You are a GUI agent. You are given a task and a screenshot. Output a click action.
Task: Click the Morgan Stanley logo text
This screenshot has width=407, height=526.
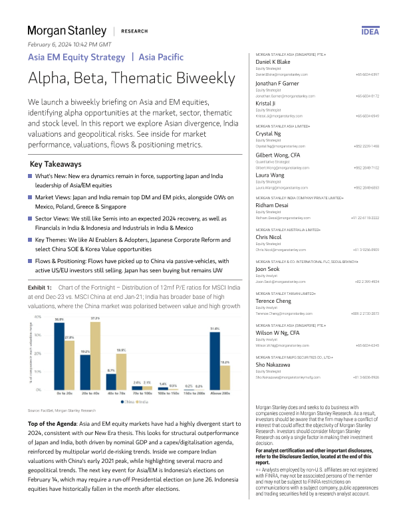(67, 31)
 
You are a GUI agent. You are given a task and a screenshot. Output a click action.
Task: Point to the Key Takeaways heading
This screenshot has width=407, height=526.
(57, 163)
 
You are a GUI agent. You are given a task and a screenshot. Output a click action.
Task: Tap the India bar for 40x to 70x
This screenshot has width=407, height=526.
(121, 369)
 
